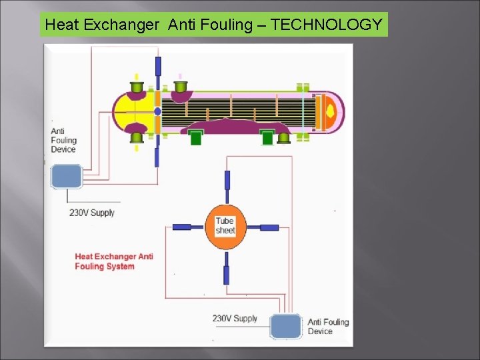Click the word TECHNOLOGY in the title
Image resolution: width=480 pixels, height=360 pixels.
click(327, 25)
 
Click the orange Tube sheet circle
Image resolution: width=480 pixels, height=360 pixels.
click(225, 227)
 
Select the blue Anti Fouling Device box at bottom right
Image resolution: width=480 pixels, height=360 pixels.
click(286, 327)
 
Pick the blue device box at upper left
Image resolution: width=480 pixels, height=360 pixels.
click(66, 176)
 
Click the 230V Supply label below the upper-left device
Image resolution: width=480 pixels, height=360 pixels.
click(92, 213)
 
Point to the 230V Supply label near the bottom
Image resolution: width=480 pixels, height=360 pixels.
click(235, 318)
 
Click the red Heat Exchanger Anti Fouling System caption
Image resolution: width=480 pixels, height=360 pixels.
click(114, 261)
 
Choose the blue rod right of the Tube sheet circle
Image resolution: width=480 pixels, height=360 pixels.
click(269, 227)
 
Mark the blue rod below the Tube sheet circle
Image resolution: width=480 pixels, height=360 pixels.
click(226, 275)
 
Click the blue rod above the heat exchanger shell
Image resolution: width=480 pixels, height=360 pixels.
click(158, 66)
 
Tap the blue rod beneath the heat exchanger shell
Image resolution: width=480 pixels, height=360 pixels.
click(157, 157)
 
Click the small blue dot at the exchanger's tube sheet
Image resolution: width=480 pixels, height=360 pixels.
click(157, 111)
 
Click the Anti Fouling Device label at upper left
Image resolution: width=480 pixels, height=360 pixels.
click(63, 140)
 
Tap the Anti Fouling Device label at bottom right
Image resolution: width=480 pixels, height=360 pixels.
click(328, 327)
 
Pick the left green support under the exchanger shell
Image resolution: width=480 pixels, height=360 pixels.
click(195, 138)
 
